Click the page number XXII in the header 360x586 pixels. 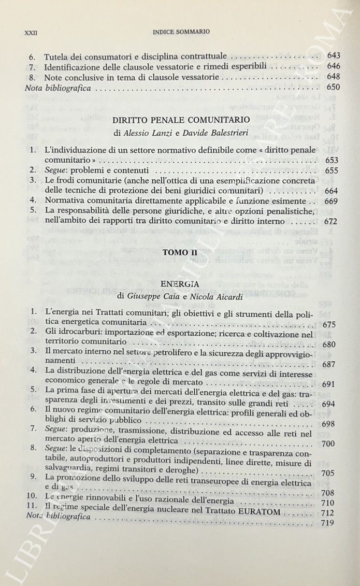coord(32,32)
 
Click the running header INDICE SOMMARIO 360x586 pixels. coord(181,32)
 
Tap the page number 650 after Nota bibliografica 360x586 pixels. coord(334,87)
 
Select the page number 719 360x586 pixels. coord(328,522)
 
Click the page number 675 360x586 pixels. coord(329,325)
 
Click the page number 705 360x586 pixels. coord(327,473)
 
